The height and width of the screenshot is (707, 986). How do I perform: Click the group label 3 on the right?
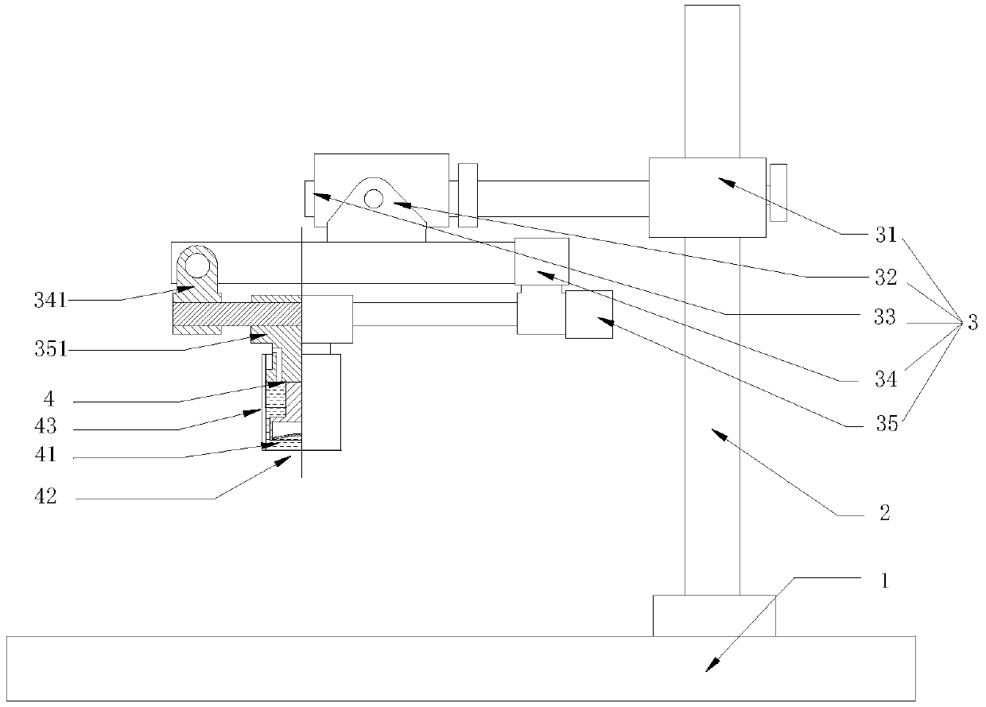pyautogui.click(x=972, y=324)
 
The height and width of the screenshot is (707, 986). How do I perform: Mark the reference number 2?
pyautogui.click(x=884, y=512)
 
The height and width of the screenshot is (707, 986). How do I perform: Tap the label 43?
pyautogui.click(x=45, y=426)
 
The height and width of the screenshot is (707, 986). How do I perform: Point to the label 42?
pyautogui.click(x=45, y=497)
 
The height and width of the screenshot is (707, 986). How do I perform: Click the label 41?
pyautogui.click(x=45, y=456)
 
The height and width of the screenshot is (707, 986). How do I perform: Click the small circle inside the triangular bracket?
pyautogui.click(x=373, y=197)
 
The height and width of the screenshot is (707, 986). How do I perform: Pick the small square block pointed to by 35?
pyautogui.click(x=588, y=314)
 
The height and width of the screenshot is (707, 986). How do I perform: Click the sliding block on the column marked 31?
pyautogui.click(x=708, y=197)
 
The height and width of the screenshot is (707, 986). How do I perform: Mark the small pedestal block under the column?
pyautogui.click(x=713, y=615)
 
